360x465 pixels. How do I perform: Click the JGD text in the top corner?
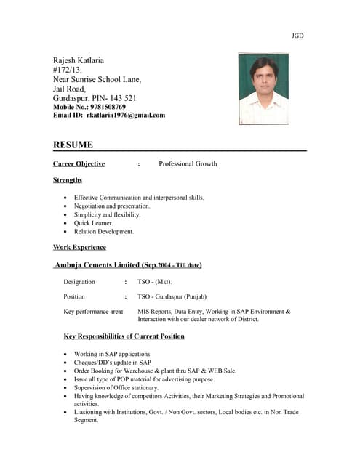point(297,35)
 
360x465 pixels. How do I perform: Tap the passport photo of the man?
point(263,88)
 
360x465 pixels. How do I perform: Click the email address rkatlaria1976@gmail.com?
point(126,115)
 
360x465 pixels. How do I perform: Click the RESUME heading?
point(73,145)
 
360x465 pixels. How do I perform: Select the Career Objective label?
point(79,163)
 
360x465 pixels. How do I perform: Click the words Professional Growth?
point(188,163)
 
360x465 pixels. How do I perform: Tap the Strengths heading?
point(68,180)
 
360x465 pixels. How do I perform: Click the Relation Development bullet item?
point(104,232)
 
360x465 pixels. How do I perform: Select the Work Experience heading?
point(79,248)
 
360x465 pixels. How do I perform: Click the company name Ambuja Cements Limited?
point(98,265)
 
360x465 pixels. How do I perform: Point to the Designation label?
point(79,281)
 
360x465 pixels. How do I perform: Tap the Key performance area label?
point(92,312)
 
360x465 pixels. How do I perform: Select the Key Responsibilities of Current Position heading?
point(124,336)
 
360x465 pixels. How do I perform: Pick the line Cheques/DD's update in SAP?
point(113,362)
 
